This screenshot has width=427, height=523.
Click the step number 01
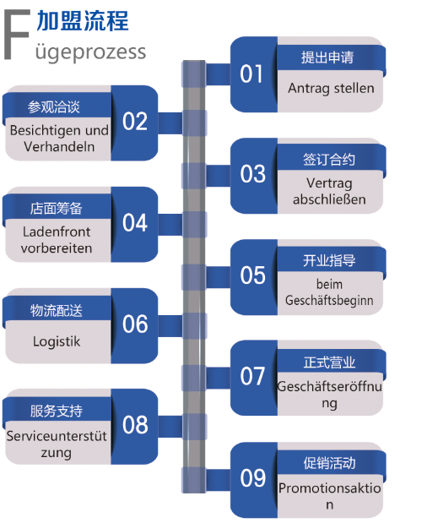[251, 74]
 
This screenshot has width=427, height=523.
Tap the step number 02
[135, 121]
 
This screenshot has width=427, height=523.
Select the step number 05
[253, 275]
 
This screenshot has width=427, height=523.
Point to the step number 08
[135, 425]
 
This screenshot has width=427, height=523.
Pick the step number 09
[253, 477]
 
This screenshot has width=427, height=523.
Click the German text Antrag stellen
[331, 89]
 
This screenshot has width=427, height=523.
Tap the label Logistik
[57, 342]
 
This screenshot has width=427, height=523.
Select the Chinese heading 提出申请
[327, 57]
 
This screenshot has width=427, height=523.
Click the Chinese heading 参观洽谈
[54, 107]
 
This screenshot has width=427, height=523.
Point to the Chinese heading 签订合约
[329, 160]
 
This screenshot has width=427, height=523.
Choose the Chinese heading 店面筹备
[57, 209]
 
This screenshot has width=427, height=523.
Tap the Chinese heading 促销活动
[329, 463]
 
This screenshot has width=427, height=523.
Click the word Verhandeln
[59, 147]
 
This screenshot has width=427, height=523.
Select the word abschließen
[329, 199]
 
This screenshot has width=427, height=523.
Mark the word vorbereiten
[57, 248]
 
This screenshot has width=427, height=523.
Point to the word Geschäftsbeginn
[329, 301]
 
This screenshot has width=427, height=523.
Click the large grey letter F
[17, 35]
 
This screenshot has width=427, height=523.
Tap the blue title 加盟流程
[83, 20]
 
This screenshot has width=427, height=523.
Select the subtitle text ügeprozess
[90, 52]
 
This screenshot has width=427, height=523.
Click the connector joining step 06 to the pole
[170, 325]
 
